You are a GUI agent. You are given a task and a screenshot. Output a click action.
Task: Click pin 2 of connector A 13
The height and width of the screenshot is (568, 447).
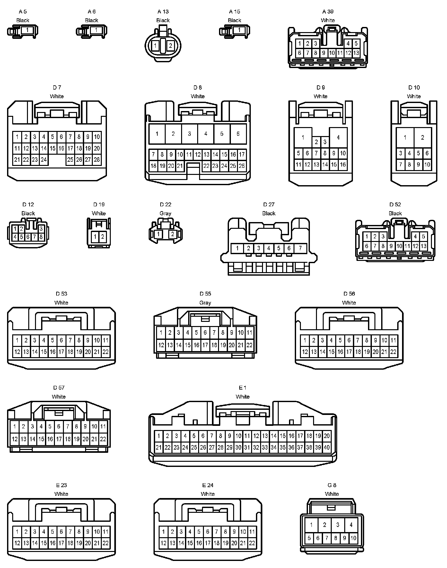(171, 46)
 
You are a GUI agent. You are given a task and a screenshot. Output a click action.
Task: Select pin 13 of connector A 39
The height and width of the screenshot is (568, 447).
(356, 53)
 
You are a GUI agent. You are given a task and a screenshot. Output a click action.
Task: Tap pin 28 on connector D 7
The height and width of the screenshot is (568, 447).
(97, 159)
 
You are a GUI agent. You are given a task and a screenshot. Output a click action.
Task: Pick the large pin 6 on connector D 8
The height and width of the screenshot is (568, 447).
(238, 134)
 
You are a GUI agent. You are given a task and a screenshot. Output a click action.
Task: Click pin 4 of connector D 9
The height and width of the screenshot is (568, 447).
(338, 137)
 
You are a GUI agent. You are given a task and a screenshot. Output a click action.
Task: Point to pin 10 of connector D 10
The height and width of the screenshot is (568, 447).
(427, 165)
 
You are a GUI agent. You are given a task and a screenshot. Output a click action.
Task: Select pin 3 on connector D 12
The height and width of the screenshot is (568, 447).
(41, 229)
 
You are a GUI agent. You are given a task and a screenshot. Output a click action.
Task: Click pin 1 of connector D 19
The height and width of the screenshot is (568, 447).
(95, 237)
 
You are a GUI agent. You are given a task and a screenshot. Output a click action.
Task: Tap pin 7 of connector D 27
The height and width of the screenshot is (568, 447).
(300, 248)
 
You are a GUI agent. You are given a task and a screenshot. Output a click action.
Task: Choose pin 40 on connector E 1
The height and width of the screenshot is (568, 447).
(327, 447)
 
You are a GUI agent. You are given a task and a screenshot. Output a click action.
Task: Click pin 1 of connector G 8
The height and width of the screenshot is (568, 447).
(311, 525)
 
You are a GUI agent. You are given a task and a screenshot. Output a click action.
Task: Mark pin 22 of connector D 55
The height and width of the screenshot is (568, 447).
(249, 345)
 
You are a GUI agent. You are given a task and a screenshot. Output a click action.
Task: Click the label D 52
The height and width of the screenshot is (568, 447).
(395, 205)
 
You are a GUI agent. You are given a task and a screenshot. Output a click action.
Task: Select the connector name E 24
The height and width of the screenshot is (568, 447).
(208, 485)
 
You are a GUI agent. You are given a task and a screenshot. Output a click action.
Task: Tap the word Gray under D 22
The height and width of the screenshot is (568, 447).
(165, 213)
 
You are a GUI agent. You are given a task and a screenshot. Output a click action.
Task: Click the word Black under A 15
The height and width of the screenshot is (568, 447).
(234, 20)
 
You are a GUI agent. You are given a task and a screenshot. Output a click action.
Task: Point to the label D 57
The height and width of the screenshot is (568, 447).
(59, 388)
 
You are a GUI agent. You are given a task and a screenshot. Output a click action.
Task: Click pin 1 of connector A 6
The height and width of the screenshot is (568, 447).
(96, 30)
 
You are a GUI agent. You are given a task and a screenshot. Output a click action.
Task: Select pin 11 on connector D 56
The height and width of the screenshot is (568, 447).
(393, 340)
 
